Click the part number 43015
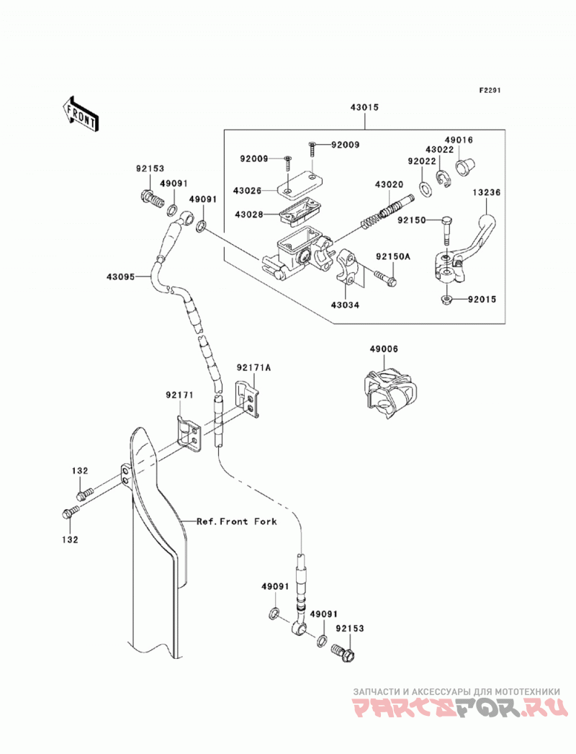click(364, 107)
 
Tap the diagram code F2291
click(489, 90)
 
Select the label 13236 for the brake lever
click(487, 192)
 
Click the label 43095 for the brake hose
click(121, 277)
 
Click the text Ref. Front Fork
click(237, 521)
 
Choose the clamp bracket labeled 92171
click(188, 434)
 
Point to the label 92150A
click(393, 257)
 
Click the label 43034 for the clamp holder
click(345, 305)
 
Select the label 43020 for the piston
click(389, 184)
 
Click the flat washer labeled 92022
click(426, 189)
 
